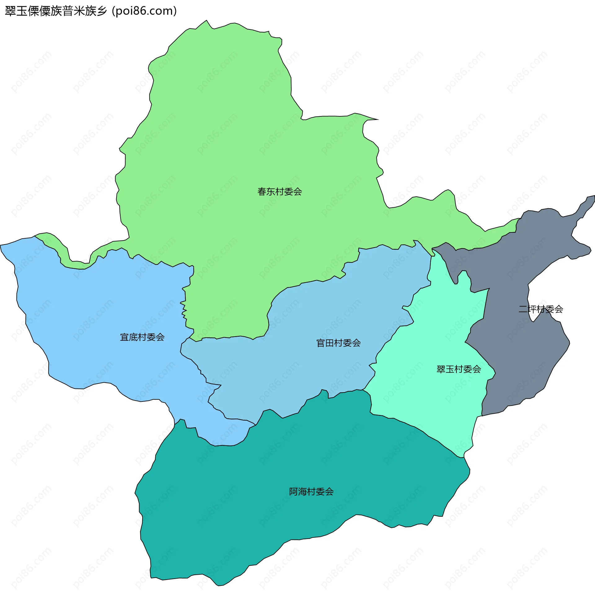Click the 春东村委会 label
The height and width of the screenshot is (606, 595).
280,191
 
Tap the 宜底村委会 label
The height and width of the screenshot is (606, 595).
142,337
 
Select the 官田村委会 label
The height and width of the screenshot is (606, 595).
338,343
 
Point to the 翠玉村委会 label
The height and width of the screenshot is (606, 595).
458,369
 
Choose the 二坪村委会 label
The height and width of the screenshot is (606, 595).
541,309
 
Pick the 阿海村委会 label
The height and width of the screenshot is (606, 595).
311,492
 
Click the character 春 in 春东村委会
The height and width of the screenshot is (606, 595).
262,191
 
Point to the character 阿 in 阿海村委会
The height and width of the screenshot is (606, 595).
293,492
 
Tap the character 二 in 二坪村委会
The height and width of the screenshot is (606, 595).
523,309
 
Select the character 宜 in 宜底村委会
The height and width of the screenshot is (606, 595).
125,337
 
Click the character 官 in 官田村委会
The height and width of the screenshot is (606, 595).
321,343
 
